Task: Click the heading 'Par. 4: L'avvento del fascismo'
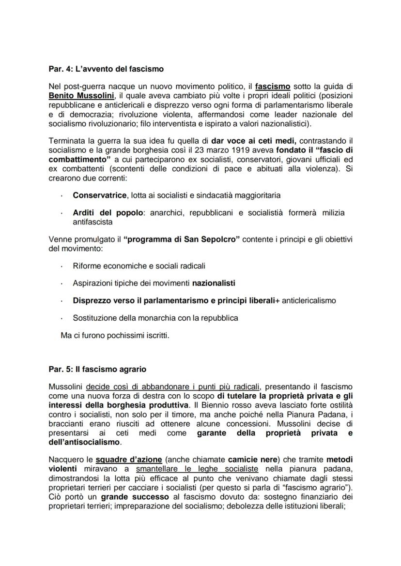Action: [x=106, y=69]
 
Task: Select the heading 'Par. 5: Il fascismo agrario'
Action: [x=98, y=370]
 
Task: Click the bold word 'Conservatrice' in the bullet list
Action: [x=100, y=195]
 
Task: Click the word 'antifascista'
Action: [x=93, y=222]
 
